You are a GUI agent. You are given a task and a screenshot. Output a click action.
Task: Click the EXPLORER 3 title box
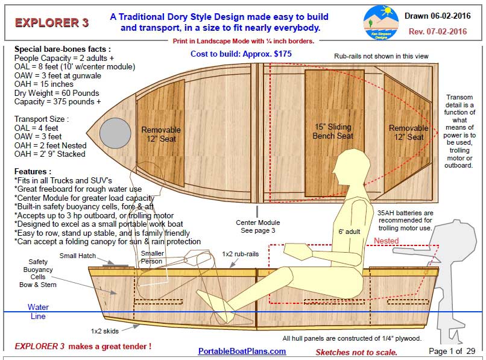[52, 23]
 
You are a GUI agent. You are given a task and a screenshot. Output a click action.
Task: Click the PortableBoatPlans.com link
[242, 351]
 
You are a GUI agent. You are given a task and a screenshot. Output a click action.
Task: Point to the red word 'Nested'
[386, 241]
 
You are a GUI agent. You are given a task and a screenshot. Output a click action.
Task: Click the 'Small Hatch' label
[77, 256]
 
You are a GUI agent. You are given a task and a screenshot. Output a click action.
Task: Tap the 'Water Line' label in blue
[38, 312]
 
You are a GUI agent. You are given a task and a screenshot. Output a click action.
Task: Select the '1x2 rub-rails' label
[241, 254]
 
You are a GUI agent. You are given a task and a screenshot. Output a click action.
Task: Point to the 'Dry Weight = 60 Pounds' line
[57, 93]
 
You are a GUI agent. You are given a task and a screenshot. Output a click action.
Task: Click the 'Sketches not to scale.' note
[356, 352]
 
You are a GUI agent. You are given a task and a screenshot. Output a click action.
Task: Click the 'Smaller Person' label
[152, 258]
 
